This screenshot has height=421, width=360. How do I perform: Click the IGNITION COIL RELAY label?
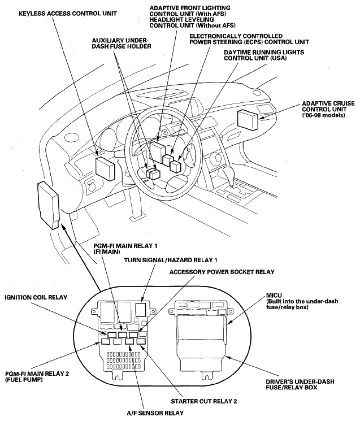37,297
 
